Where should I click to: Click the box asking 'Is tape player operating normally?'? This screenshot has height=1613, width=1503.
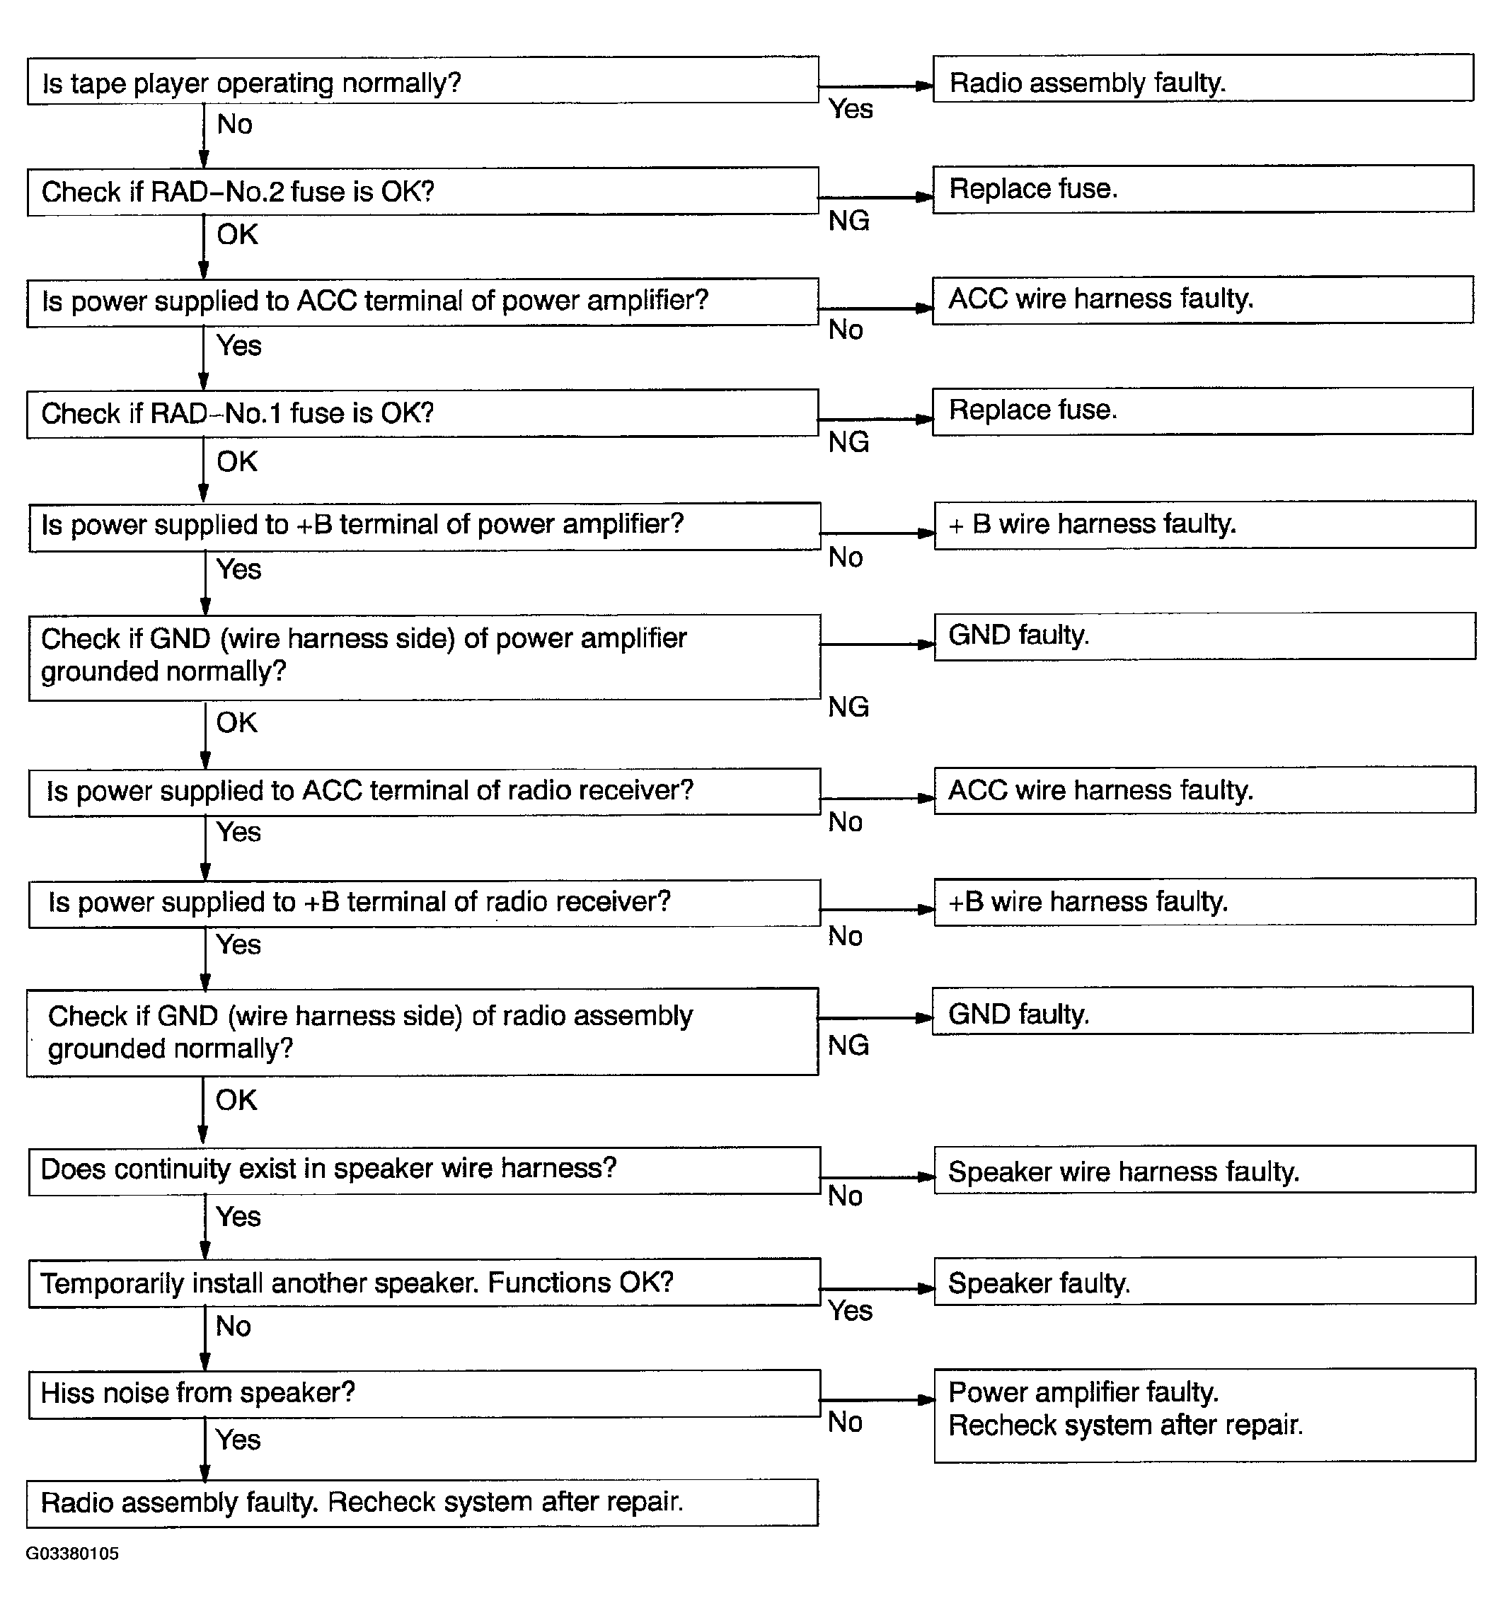tap(422, 81)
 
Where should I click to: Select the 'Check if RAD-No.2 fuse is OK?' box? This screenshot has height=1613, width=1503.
tap(422, 192)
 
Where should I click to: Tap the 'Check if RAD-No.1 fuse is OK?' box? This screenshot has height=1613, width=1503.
tap(422, 414)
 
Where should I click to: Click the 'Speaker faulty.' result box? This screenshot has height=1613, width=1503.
tap(1204, 1283)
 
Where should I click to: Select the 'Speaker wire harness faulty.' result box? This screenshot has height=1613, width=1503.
tap(1204, 1171)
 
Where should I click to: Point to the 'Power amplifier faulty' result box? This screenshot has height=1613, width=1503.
tap(1204, 1415)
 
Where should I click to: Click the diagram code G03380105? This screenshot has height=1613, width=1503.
tap(72, 1554)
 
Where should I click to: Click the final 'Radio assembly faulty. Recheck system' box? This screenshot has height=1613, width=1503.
tap(422, 1503)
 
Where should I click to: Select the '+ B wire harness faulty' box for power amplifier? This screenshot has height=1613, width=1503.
tap(1204, 525)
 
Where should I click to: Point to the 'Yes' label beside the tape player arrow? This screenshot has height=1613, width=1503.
tap(851, 109)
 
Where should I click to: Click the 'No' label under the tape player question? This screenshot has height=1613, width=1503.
tap(234, 124)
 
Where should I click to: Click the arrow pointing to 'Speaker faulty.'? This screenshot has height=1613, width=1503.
tap(877, 1288)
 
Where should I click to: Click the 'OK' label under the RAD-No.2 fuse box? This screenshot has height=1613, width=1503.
tap(237, 234)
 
